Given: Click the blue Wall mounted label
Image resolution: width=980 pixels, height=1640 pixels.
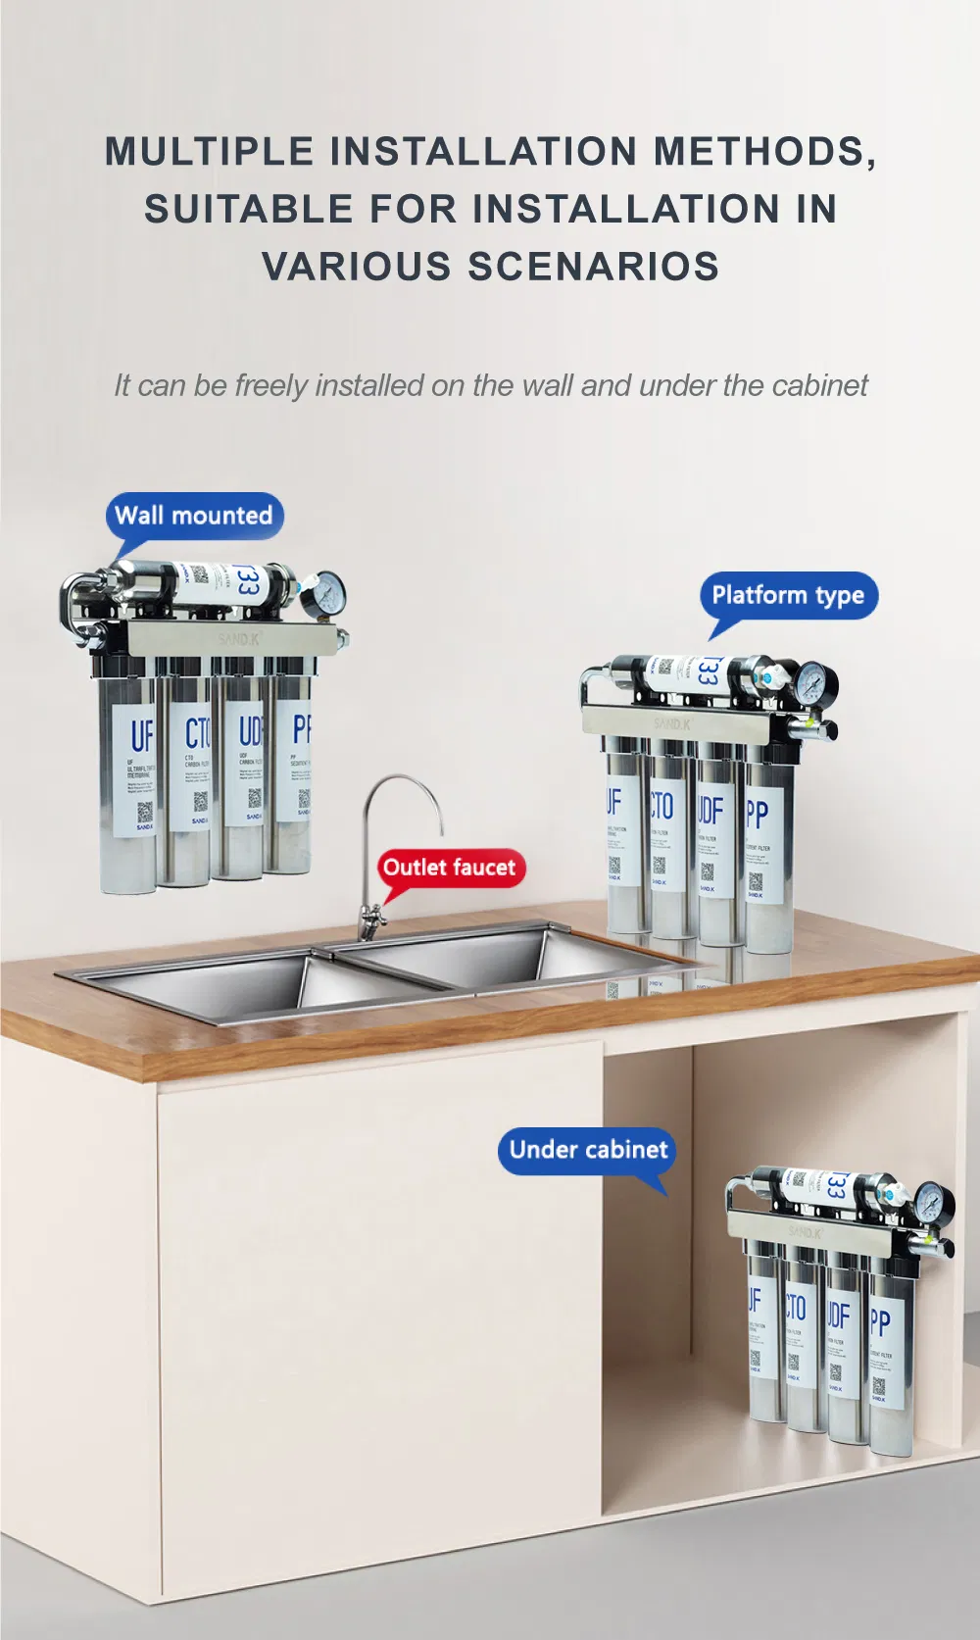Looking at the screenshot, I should click(194, 516).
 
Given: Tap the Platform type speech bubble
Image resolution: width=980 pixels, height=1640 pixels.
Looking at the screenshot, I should click(788, 595).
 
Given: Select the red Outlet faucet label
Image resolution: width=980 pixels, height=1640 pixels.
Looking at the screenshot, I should click(450, 868).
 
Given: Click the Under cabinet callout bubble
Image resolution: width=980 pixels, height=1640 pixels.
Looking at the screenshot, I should click(588, 1150).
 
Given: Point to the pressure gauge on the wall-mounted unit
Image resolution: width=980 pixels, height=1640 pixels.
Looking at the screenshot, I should click(323, 594).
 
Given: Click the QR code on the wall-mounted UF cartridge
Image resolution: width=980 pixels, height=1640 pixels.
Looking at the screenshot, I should click(144, 812).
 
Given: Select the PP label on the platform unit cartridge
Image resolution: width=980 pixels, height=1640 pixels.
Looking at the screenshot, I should click(757, 813).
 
